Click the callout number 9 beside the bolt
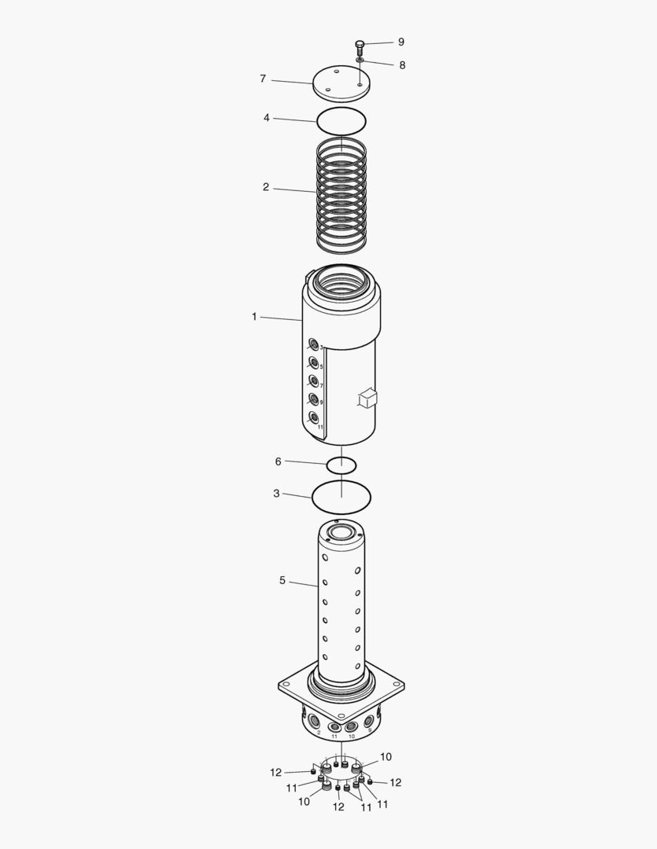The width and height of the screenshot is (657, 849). [400, 42]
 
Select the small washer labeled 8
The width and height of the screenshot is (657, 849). [360, 60]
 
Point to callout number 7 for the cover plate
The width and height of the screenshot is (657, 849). [263, 79]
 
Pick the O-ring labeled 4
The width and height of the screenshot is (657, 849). [341, 122]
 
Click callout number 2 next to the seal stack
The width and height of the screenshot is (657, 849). [266, 187]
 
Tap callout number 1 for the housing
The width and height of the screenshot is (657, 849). [254, 317]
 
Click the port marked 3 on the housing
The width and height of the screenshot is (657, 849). [314, 344]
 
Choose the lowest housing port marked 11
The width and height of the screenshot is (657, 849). [314, 417]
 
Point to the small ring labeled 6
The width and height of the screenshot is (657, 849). [341, 465]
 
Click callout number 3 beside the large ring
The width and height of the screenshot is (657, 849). [276, 494]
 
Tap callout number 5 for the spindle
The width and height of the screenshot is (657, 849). [282, 580]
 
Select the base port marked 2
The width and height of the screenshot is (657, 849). [315, 721]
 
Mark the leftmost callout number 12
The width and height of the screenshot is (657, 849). [275, 773]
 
